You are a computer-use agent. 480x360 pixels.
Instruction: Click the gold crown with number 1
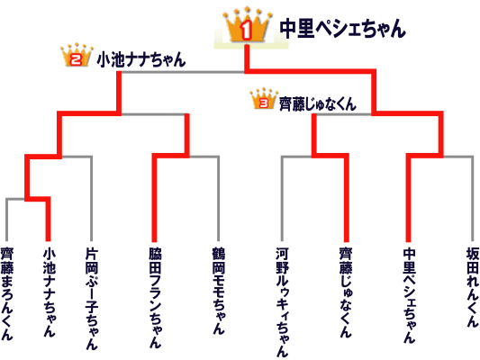[x=247, y=25]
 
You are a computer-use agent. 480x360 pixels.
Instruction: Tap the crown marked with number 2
[x=77, y=55]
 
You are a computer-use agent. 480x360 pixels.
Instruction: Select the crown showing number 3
[x=264, y=99]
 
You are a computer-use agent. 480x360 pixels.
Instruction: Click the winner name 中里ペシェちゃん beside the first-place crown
[x=343, y=29]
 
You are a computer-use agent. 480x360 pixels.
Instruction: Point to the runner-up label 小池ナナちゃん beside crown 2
[x=141, y=59]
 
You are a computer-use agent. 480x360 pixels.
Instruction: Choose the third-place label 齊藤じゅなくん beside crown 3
[x=318, y=104]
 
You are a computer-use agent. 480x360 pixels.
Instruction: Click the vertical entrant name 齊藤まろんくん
[x=6, y=293]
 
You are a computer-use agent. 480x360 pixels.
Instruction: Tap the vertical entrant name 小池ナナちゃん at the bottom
[x=50, y=292]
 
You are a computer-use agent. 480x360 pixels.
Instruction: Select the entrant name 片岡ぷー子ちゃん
[x=92, y=299]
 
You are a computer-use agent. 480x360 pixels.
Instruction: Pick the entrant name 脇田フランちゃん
[x=155, y=298]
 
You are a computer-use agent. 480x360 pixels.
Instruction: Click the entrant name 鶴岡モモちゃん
[x=219, y=291]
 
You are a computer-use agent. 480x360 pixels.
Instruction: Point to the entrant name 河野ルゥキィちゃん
[x=282, y=302]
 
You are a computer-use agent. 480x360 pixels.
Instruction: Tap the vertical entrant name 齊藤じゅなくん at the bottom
[x=346, y=292]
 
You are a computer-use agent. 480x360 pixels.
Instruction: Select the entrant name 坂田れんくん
[x=473, y=287]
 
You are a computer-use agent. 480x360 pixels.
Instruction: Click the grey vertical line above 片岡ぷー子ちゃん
[x=91, y=199]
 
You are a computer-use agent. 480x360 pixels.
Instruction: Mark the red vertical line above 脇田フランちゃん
[x=155, y=199]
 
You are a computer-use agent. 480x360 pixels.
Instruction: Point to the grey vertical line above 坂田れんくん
[x=473, y=199]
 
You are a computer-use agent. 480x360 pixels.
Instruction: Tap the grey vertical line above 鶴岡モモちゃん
[x=218, y=199]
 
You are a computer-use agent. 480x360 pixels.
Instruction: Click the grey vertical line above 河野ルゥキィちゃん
[x=282, y=199]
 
